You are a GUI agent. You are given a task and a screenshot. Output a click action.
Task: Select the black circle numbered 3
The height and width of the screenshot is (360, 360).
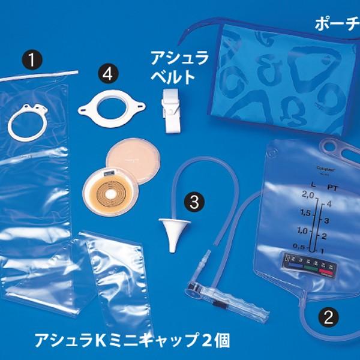point(193,202)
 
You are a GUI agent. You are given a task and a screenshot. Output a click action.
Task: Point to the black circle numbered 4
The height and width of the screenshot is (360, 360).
point(107,73)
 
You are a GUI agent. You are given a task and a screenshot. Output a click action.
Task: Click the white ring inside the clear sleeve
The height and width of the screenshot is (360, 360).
point(27,120)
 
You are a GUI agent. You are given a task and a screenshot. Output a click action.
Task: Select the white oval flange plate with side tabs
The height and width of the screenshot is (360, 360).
point(112,109)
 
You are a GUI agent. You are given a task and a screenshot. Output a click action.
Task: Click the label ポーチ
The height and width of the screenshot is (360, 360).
point(338,24)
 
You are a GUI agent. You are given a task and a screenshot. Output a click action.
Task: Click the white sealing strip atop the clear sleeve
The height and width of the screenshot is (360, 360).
point(38,74)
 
